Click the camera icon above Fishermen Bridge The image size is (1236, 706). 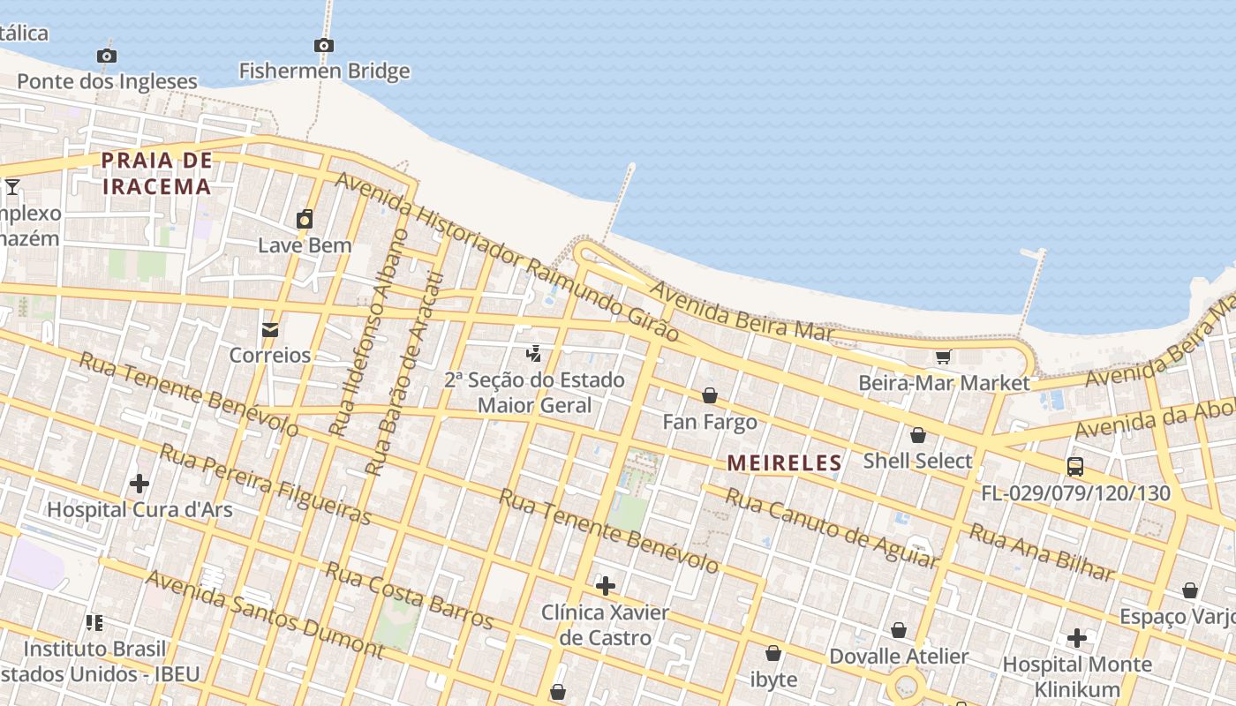[x=324, y=45]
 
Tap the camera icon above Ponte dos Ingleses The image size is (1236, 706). [x=107, y=56]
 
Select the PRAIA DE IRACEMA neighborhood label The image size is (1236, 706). [x=156, y=173]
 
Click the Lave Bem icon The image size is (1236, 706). [x=305, y=219]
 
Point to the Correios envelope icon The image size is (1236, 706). [x=270, y=329]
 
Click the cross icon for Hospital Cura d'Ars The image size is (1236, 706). [x=139, y=484]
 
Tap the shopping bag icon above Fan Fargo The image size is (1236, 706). [x=710, y=395]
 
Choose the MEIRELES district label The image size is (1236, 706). [x=784, y=462]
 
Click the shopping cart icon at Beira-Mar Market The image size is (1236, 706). [x=943, y=357]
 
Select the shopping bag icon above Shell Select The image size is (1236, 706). [x=918, y=435]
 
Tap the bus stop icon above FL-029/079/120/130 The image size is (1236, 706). [x=1075, y=466]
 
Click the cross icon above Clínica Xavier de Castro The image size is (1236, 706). [x=606, y=586]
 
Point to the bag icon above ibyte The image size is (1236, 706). [x=773, y=653]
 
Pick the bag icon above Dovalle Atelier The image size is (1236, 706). [x=899, y=630]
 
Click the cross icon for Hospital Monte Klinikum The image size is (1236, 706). [x=1077, y=637]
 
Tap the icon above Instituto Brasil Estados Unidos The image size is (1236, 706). [x=94, y=623]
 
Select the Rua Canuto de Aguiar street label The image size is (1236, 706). [x=830, y=528]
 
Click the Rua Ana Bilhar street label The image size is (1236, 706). [x=1042, y=552]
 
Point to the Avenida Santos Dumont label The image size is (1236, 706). [x=265, y=614]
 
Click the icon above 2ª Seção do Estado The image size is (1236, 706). [x=533, y=354]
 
